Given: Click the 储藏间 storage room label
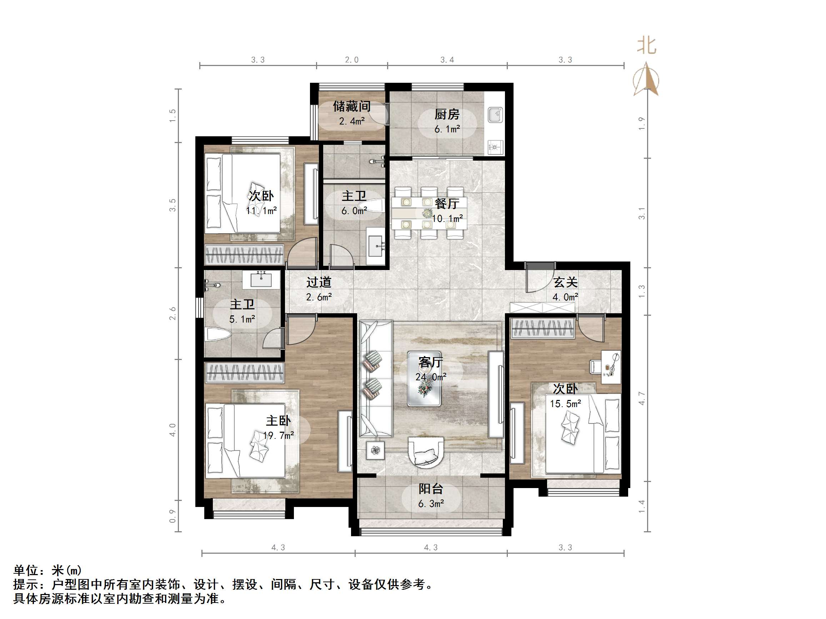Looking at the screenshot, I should coord(351,106).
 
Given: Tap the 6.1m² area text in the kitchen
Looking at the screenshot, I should coord(447,129).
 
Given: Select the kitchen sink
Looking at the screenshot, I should coord(496,115).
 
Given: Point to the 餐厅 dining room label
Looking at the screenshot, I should coord(447,203).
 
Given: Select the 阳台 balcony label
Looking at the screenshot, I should coord(431,489).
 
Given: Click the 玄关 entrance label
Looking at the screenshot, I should coord(565,282).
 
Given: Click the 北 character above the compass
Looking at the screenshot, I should coord(646,46).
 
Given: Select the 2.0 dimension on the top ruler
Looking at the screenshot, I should coord(351,60).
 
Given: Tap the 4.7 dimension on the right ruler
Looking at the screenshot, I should coord(641,398).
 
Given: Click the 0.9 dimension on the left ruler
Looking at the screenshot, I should coord(172,516).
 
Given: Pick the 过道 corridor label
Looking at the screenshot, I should coord(319,282).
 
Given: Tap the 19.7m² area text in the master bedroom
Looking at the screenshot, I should coord(278,435).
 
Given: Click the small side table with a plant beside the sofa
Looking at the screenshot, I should coord(375,450).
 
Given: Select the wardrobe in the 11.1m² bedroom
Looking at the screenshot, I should coord(244,254).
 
